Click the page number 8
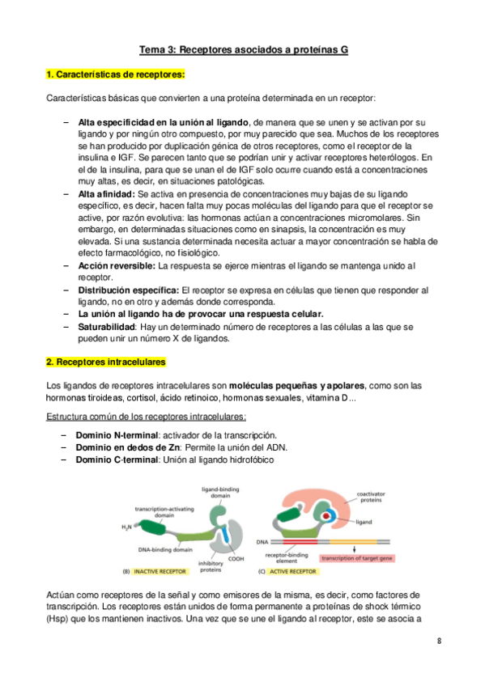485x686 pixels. (439, 642)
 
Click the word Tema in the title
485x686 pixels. (153, 50)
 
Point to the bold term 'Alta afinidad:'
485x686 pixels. (108, 196)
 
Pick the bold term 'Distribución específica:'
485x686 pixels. (129, 290)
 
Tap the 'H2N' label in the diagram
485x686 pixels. (128, 527)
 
